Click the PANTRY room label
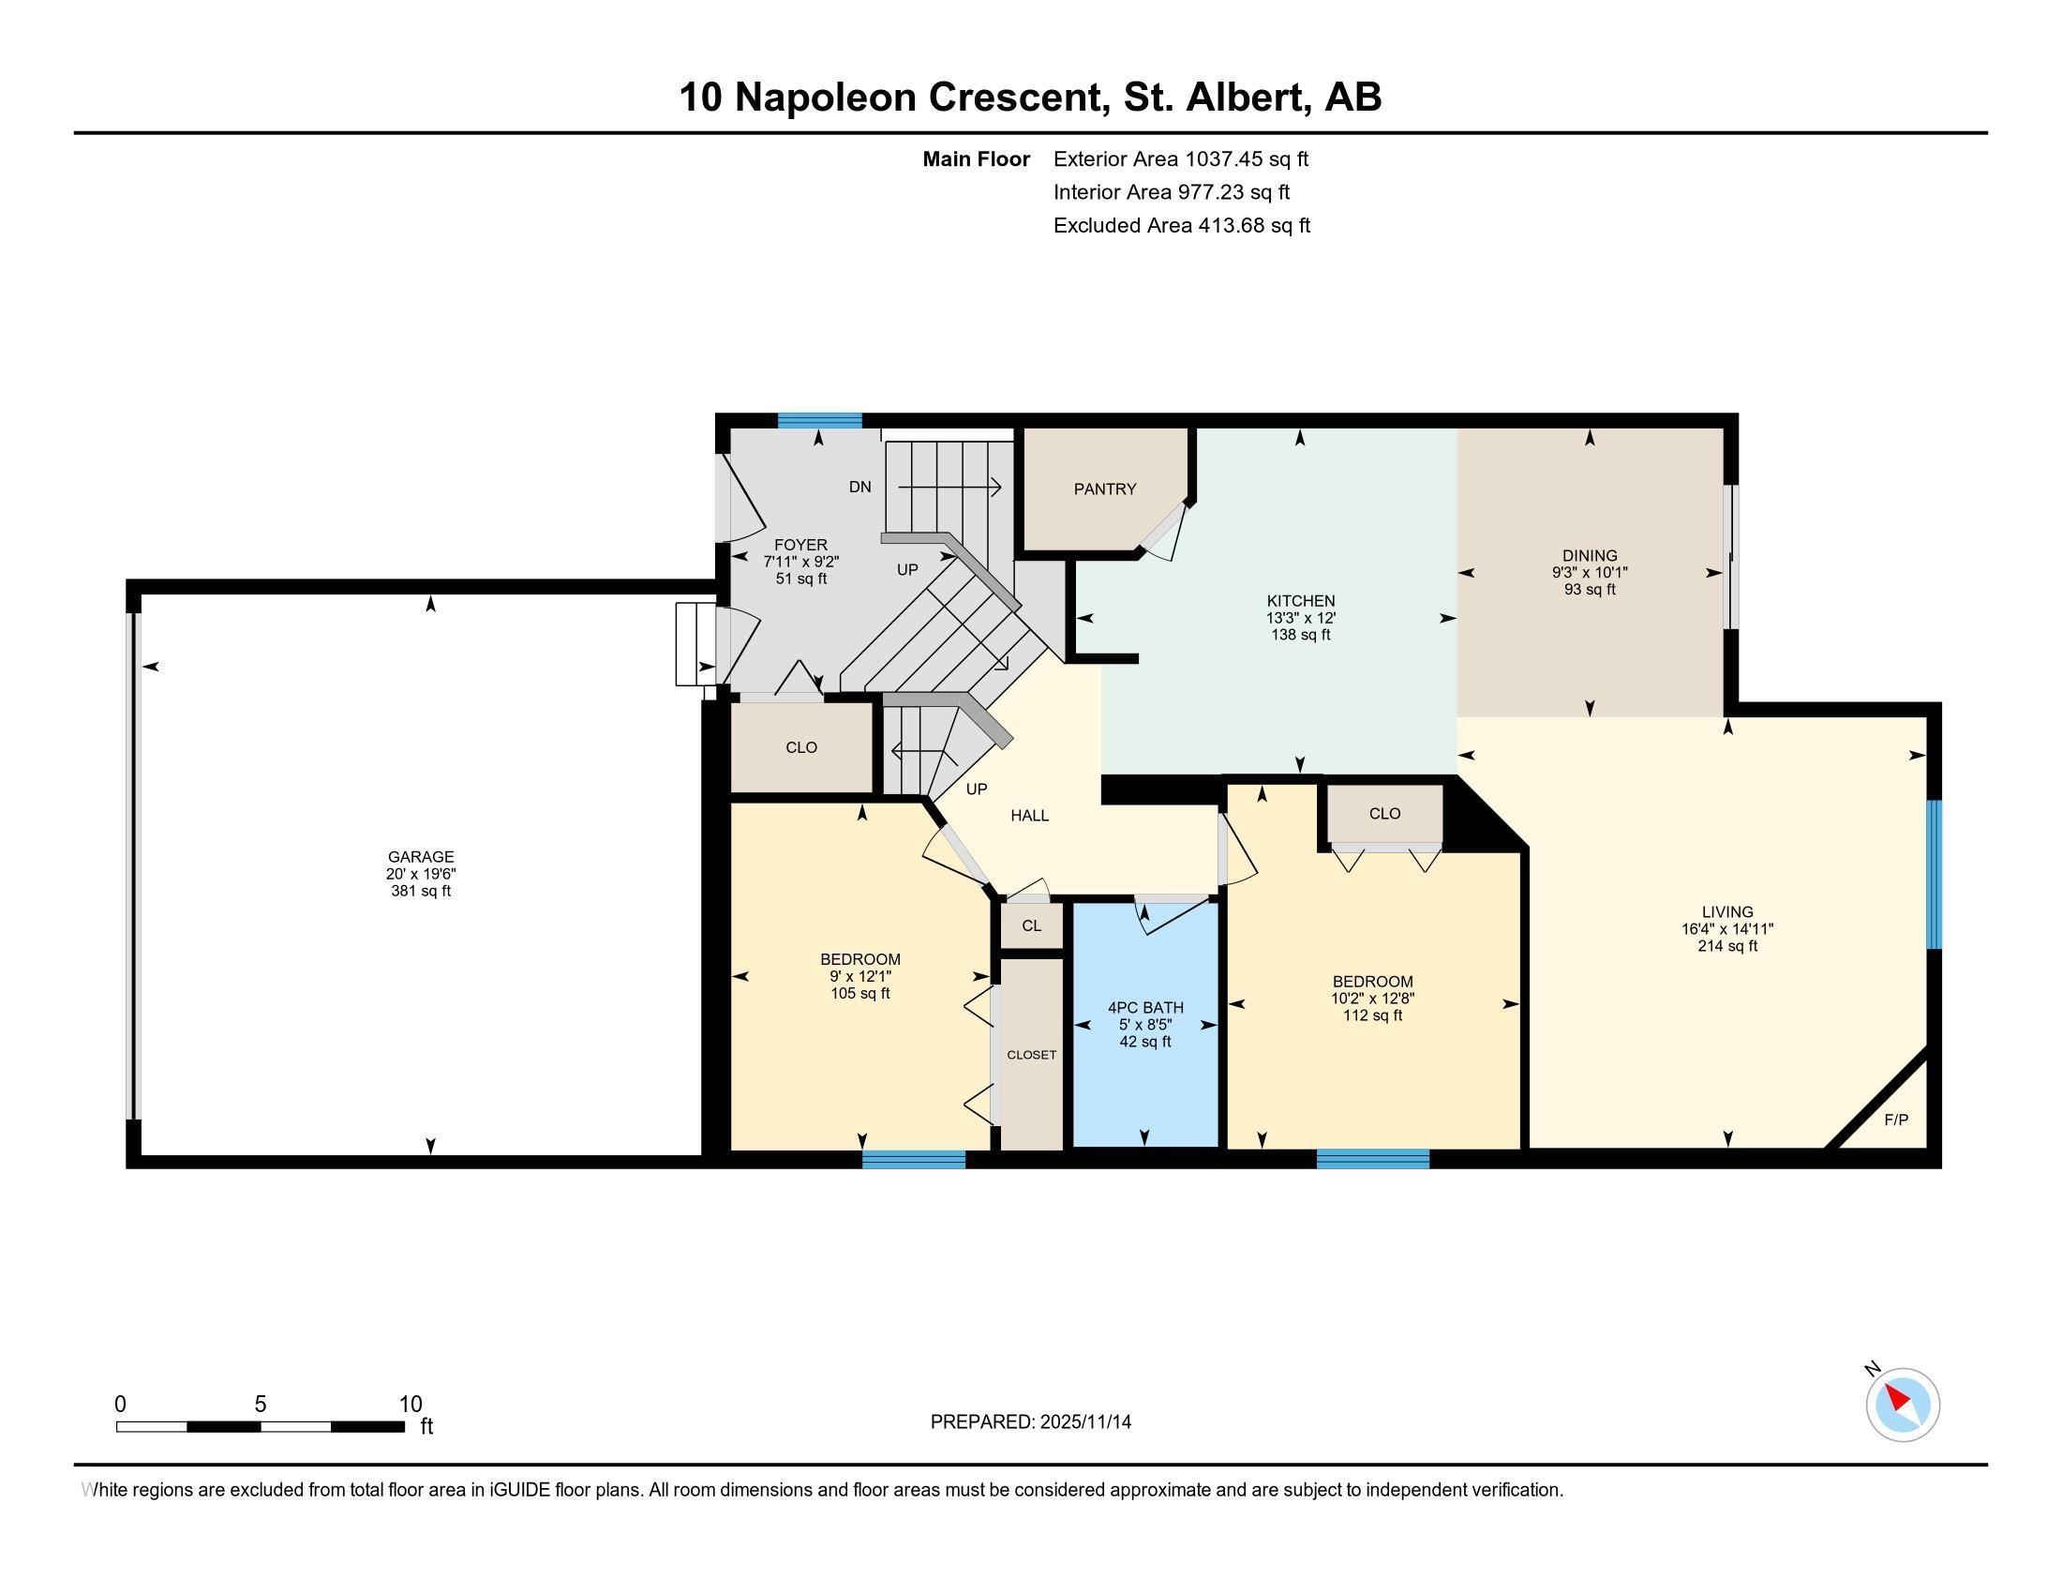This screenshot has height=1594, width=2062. (1105, 489)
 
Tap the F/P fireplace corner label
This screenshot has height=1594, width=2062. (1896, 1120)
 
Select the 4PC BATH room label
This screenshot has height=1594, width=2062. (1145, 1008)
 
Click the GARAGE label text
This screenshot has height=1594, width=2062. (421, 857)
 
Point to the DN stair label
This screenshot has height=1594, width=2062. (860, 488)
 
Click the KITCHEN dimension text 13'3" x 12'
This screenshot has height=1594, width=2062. (1300, 618)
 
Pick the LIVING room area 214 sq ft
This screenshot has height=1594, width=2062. (1726, 946)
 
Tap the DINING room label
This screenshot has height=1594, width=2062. (1590, 556)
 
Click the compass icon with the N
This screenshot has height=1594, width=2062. (1902, 1405)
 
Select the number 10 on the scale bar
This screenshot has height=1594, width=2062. (410, 1405)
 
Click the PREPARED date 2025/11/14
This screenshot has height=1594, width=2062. (1084, 1422)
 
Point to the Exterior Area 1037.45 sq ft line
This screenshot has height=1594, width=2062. (1180, 158)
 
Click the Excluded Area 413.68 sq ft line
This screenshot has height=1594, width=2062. (1181, 225)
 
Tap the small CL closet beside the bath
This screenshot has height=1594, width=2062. (1032, 925)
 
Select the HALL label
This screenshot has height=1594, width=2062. (1029, 816)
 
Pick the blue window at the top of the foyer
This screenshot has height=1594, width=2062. (819, 421)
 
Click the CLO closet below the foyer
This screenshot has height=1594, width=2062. (801, 748)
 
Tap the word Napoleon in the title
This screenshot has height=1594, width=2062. (824, 98)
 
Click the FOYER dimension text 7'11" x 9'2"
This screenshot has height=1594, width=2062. (800, 562)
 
